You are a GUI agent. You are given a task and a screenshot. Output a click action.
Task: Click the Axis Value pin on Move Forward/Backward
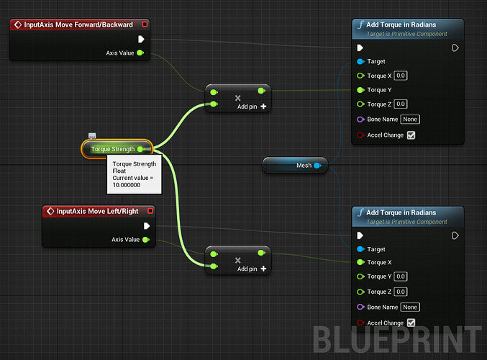tap(140, 53)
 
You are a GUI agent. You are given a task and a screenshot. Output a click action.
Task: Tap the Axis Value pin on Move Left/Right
tap(145, 240)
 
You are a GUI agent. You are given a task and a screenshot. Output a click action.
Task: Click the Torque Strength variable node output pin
tap(140, 149)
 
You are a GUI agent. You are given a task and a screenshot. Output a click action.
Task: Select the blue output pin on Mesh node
tap(317, 166)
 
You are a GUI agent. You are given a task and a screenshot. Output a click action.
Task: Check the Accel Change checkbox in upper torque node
tap(411, 135)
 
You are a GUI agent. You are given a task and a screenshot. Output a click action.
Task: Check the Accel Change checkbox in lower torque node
tap(411, 323)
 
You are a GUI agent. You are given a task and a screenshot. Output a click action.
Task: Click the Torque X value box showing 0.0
tap(401, 76)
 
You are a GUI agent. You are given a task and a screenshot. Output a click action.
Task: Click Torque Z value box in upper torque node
tap(401, 104)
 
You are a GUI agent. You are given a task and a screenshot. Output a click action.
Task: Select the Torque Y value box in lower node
tap(401, 276)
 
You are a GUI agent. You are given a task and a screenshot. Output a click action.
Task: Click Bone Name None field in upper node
tap(410, 120)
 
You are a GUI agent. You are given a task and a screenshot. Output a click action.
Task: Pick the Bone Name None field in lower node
tap(410, 307)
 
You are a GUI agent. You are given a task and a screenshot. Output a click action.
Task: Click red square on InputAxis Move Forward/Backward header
tap(145, 24)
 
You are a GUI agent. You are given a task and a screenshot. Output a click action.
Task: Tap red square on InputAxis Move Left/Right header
tap(150, 211)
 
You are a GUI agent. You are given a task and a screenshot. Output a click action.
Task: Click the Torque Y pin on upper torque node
tap(360, 90)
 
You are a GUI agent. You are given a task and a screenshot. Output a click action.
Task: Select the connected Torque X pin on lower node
tap(360, 262)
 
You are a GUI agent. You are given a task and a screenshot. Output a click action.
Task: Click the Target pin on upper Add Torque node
tap(360, 61)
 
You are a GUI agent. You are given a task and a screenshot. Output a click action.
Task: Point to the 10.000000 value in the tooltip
tap(127, 185)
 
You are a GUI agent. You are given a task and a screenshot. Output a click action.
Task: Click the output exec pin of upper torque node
tap(455, 48)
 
